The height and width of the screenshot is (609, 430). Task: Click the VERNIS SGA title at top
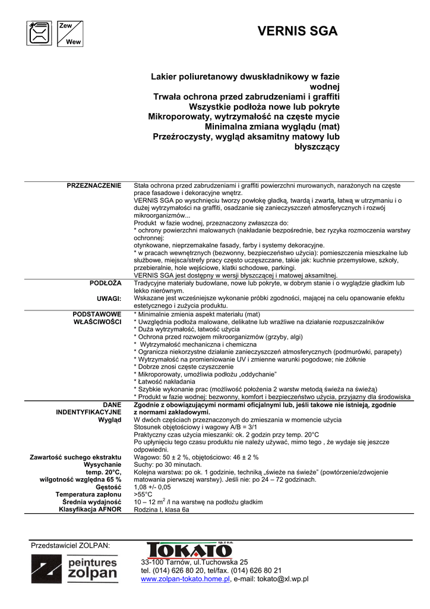click(298, 32)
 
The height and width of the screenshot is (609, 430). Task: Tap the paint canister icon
click(39, 33)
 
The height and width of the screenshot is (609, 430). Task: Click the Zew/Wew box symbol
click(69, 33)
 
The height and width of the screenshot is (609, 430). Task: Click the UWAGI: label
click(109, 299)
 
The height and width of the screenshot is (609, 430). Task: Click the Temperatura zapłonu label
click(88, 494)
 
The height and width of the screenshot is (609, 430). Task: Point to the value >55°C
click(143, 494)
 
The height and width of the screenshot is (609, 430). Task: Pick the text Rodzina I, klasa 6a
click(162, 510)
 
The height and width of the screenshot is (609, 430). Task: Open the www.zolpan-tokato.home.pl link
click(185, 579)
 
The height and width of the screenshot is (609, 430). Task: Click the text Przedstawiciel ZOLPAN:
click(70, 545)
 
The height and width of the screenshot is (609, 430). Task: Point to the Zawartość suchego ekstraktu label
click(75, 457)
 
